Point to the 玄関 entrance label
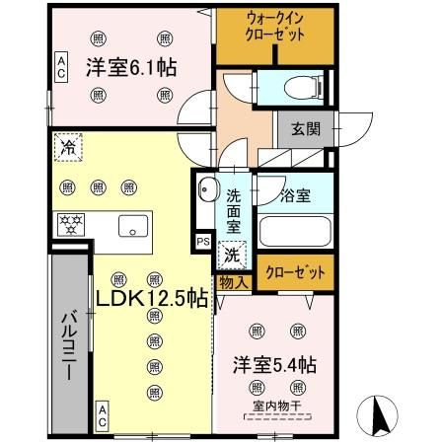pyautogui.click(x=306, y=129)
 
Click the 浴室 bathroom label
pyautogui.click(x=295, y=195)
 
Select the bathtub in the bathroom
pyautogui.click(x=295, y=231)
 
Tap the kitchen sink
pyautogui.click(x=133, y=226)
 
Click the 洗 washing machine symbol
pyautogui.click(x=230, y=254)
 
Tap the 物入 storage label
pyautogui.click(x=232, y=282)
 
